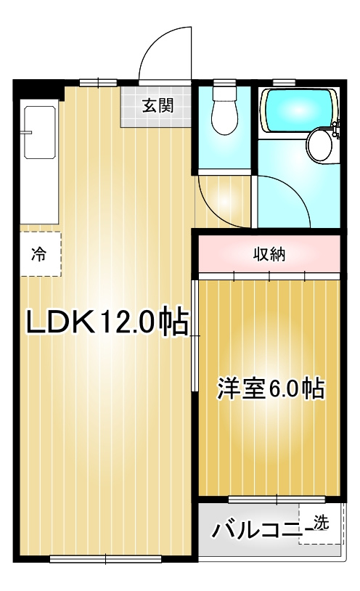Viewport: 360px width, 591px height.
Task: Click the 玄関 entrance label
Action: (x=157, y=106)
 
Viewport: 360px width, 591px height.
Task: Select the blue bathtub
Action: (x=297, y=108)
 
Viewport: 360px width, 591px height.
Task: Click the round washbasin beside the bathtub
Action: (x=319, y=145)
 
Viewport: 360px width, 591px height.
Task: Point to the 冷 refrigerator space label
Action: (x=39, y=254)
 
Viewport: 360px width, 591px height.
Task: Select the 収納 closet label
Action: (x=269, y=254)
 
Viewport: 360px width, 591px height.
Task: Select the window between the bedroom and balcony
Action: (x=266, y=500)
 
